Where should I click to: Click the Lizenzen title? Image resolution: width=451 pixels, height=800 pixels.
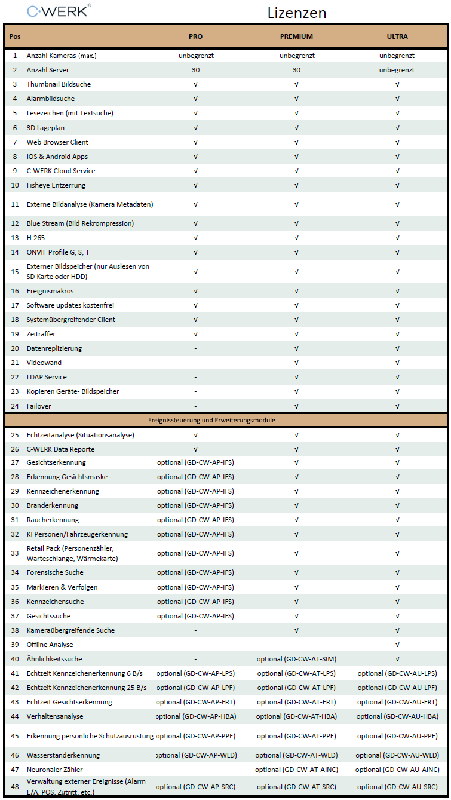(x=297, y=13)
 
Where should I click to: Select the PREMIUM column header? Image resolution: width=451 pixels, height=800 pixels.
(x=296, y=36)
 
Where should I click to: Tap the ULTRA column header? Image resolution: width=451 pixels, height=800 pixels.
(x=397, y=36)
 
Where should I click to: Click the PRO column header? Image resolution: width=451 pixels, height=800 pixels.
(x=195, y=36)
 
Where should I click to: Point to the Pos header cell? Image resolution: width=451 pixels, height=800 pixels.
(x=14, y=36)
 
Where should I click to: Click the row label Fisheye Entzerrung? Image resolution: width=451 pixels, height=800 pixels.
(x=56, y=185)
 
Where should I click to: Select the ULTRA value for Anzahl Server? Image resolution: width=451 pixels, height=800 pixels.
(x=397, y=70)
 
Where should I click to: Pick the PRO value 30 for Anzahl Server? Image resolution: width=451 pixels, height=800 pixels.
(x=195, y=70)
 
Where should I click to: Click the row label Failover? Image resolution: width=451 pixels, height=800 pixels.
(x=39, y=406)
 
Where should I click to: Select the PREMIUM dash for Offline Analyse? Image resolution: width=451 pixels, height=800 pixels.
(x=296, y=645)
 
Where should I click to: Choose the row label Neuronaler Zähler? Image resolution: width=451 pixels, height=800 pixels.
(x=55, y=770)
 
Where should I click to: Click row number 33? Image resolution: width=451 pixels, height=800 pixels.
(x=14, y=553)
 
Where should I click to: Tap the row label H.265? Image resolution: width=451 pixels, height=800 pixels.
(x=36, y=238)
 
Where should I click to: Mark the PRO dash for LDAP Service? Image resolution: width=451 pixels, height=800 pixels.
(x=195, y=377)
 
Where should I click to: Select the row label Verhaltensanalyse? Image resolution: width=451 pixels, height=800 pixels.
(x=55, y=716)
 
